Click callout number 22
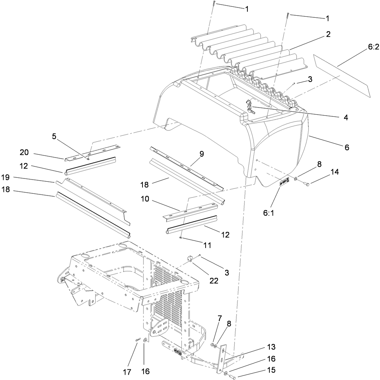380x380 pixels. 213,281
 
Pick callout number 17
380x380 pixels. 127,372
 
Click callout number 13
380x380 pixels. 271,347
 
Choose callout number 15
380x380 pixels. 271,370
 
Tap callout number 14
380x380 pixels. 335,172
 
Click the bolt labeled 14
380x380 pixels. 307,183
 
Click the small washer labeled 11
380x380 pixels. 181,238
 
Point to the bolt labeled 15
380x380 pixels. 232,375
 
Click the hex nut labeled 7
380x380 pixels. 212,343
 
